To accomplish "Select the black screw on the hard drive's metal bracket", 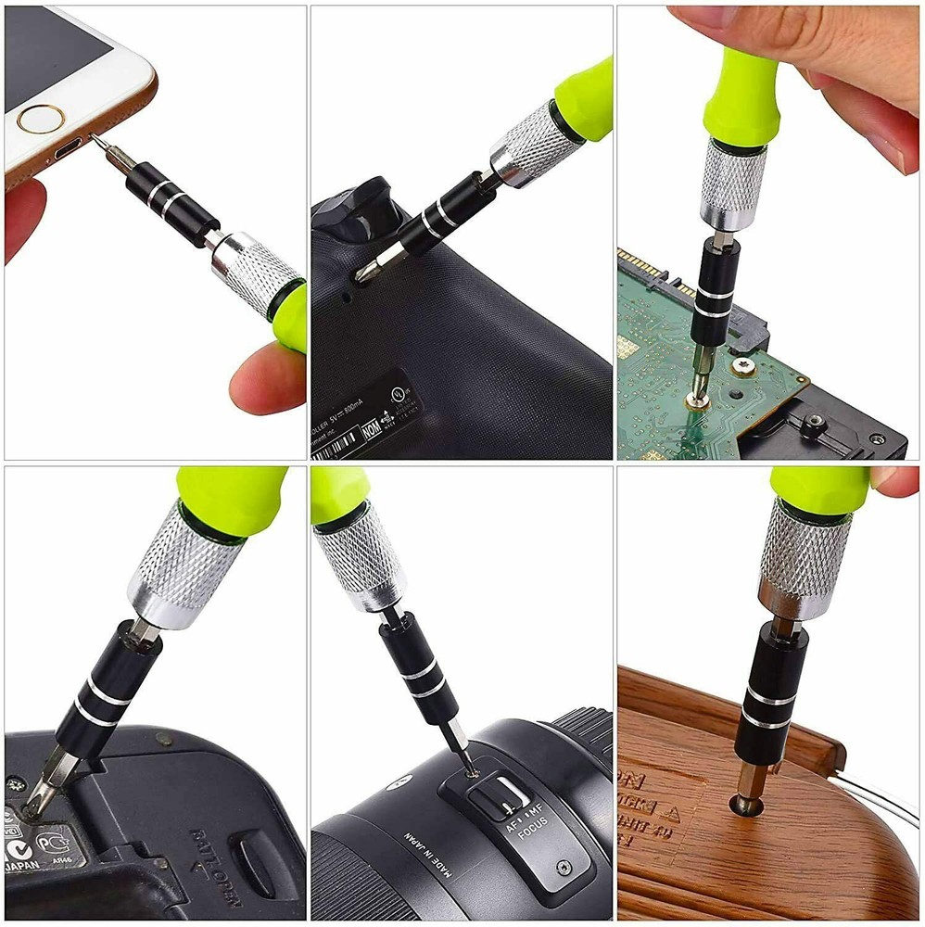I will pos(813,425).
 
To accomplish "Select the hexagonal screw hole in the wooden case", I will pos(745,805).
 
